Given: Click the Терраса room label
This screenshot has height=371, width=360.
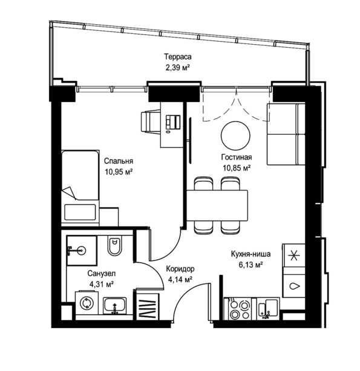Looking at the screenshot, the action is tap(178, 57).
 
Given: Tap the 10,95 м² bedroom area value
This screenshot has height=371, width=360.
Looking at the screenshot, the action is tap(119, 172).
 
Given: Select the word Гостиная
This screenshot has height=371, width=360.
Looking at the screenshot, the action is tap(237, 157).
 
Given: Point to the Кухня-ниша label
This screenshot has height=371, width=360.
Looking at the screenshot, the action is tap(250, 254).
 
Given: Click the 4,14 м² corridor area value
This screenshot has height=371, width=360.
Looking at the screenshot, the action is tap(180, 280).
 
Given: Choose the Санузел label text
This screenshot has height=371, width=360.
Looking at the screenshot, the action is tap(102, 274).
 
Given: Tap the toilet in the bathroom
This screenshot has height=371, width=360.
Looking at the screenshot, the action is tap(114, 245).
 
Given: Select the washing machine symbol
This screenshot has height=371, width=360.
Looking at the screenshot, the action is tap(87, 303).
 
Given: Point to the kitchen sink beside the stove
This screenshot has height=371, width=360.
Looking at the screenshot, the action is tap(268, 309).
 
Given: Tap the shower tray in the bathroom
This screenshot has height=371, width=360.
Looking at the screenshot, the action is tap(82, 250).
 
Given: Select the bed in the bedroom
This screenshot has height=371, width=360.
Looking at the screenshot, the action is tap(80, 188).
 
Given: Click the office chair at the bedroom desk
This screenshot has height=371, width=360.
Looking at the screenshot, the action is tap(151, 121).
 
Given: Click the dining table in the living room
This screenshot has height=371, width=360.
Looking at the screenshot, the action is tap(217, 205).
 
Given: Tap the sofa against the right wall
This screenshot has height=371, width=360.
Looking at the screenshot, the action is tap(286, 134).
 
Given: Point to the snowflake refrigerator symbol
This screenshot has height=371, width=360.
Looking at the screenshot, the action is tap(293, 256).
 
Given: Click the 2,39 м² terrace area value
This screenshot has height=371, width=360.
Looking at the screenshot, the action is tap(178, 68).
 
